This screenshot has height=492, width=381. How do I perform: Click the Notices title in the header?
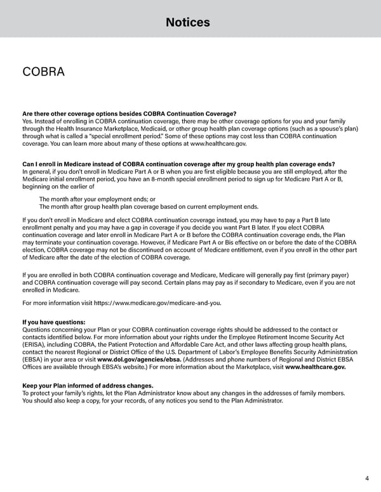[x=187, y=22]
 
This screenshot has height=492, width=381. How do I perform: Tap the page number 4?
[x=368, y=478]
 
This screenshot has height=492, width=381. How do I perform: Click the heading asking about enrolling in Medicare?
[x=178, y=164]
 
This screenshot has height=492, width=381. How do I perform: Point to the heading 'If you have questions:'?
[x=53, y=322]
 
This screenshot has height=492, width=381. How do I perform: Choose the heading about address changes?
[x=88, y=385]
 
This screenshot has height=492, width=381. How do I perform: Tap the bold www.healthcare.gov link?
[x=316, y=366]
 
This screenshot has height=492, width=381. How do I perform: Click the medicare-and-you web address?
[x=157, y=303]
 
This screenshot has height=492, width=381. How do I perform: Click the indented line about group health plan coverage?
[x=149, y=207]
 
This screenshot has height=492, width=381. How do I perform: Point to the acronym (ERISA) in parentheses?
[x=34, y=344]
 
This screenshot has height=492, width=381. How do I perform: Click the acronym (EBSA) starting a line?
[x=33, y=359]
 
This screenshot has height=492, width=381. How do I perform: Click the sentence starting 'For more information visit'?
[x=122, y=303]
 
